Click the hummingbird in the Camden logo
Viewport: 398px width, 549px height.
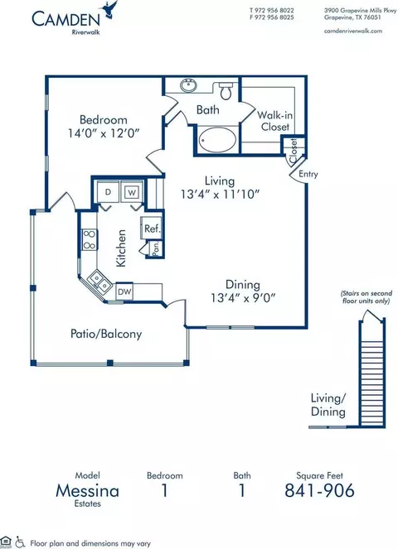click(109, 9)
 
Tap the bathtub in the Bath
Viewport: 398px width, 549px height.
click(217, 140)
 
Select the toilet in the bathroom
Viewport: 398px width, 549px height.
click(226, 91)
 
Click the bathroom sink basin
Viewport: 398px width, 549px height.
click(189, 85)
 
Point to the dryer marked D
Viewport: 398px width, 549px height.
click(108, 191)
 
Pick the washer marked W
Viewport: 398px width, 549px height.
click(132, 192)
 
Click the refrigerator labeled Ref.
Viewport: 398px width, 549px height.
click(152, 229)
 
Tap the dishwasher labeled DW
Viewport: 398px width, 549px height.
click(124, 291)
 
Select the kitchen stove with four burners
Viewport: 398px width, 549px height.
click(90, 240)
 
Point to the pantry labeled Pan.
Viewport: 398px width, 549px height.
click(155, 248)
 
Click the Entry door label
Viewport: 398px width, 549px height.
click(308, 174)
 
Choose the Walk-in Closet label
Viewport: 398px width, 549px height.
click(275, 121)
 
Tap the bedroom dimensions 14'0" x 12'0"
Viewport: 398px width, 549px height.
click(104, 133)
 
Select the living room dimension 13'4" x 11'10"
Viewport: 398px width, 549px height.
click(220, 194)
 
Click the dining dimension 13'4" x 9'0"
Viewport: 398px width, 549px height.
click(243, 298)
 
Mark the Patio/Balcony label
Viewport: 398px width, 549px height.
click(106, 334)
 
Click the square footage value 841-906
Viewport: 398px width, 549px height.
click(319, 490)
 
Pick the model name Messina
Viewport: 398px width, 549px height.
click(87, 491)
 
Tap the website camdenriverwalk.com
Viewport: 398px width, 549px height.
click(353, 31)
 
